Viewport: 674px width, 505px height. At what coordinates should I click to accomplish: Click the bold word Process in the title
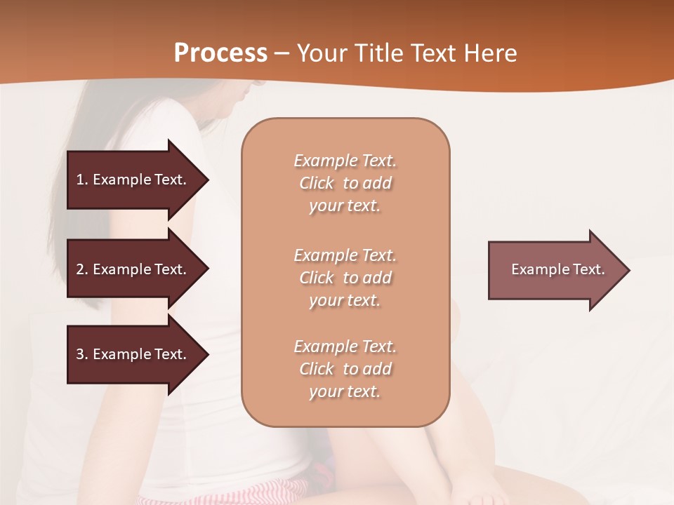[220, 53]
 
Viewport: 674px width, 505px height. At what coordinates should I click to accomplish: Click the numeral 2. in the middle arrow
[81, 269]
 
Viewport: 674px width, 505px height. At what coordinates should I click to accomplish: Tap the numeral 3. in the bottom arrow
[81, 354]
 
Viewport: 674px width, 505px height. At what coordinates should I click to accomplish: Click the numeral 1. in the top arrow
[81, 180]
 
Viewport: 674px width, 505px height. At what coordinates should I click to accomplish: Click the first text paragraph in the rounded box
[345, 183]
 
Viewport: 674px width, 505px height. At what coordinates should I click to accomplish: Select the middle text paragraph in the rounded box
[345, 278]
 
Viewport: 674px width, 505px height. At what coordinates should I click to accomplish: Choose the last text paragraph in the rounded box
[345, 369]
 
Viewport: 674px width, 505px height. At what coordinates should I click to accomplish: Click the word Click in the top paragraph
[317, 183]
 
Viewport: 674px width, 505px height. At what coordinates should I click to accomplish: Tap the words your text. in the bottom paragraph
[345, 391]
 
